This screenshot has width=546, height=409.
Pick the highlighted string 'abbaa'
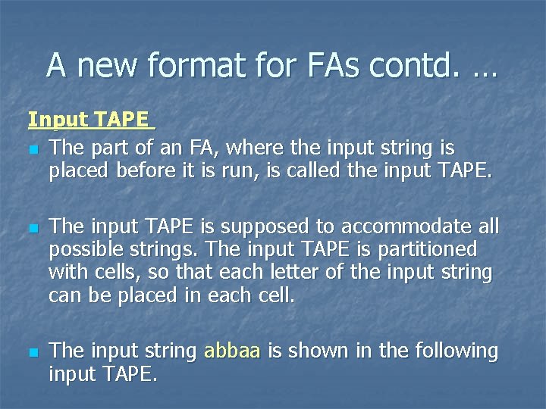[x=233, y=351]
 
